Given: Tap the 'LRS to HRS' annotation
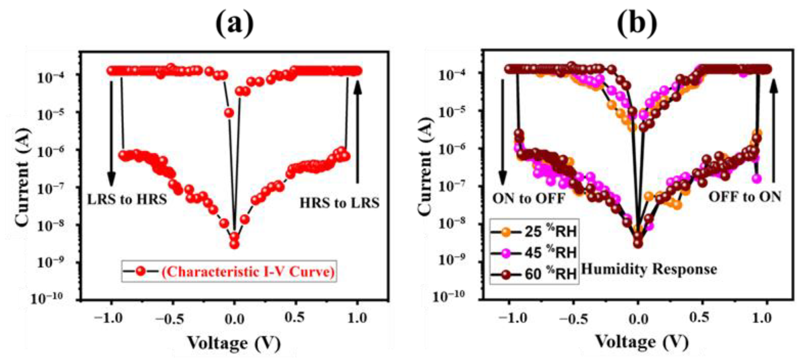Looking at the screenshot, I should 127,199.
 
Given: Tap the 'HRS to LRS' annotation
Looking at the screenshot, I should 340,203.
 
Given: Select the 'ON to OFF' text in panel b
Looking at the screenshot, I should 529,198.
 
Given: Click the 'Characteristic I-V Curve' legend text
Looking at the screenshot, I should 248,272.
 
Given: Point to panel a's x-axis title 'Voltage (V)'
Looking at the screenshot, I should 234,343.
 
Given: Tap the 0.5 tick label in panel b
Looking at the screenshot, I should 699,317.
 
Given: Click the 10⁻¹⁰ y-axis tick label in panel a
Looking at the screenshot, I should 47,298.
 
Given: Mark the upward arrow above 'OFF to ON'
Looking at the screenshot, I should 774,131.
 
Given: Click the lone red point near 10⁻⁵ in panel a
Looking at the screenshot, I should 229,112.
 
